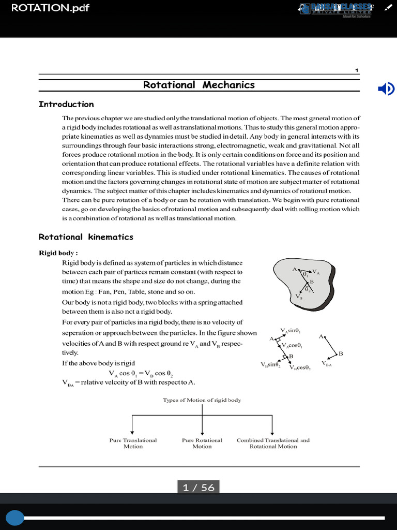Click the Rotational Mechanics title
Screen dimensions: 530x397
point(199,85)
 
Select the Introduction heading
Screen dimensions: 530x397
point(66,104)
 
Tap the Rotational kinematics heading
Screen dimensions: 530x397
point(86,237)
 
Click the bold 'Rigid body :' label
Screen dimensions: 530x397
point(58,253)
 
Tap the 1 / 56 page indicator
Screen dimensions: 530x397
point(198,488)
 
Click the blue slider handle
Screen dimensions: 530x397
point(15,518)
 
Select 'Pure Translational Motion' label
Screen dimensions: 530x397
point(133,443)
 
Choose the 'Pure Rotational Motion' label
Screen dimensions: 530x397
point(202,443)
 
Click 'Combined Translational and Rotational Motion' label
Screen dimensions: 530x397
point(273,443)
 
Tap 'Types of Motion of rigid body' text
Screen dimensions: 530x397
point(202,400)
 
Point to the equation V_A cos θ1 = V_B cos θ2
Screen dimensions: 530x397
point(142,373)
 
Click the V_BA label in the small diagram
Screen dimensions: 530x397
point(326,364)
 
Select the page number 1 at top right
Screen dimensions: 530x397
point(357,70)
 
